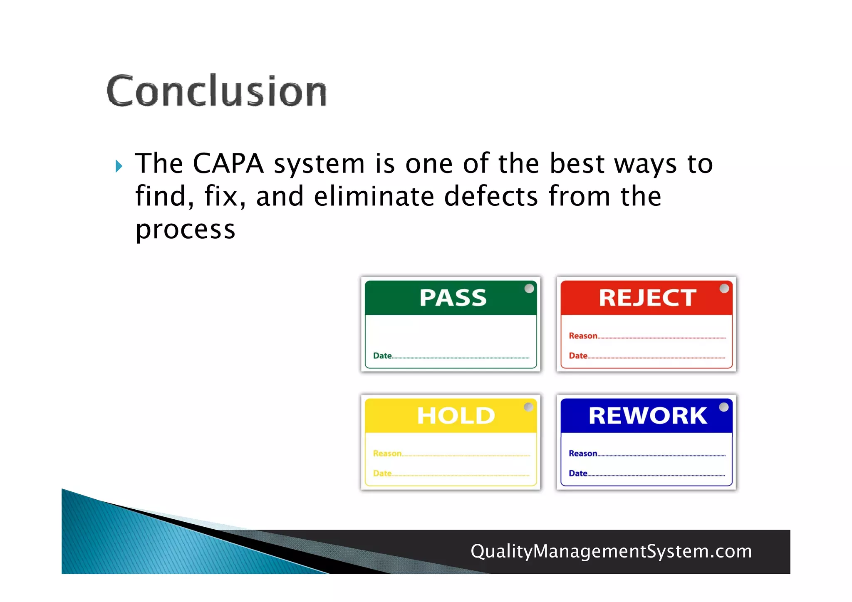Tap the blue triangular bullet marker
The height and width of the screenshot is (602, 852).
[x=119, y=166]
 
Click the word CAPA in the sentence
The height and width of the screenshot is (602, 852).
[x=228, y=163]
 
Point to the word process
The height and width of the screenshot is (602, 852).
[x=186, y=230]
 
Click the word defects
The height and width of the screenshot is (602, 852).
[x=491, y=196]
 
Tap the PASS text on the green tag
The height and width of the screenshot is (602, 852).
[x=453, y=298]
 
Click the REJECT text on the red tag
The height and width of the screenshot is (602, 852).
[x=647, y=298]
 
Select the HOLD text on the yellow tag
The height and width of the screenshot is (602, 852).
[x=456, y=416]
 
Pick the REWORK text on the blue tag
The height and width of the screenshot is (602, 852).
[x=647, y=416]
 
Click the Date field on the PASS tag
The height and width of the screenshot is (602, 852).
[x=451, y=356]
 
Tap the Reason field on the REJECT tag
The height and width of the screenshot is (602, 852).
[x=647, y=336]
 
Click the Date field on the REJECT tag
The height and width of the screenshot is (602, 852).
[x=647, y=356]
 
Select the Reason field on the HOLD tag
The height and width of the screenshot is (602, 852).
[x=451, y=454]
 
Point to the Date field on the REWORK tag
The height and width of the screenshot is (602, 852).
[x=647, y=474]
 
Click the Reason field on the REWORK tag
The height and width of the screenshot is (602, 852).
[x=647, y=454]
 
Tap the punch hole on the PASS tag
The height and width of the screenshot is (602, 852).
[x=529, y=289]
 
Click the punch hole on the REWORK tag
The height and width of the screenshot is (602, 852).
[x=724, y=407]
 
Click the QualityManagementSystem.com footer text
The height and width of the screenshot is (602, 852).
[x=611, y=551]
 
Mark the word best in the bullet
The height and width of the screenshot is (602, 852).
[x=577, y=163]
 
